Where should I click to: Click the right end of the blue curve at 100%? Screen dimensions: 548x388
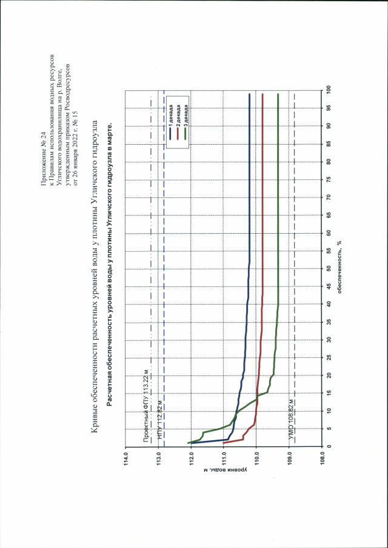tap(249, 94)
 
